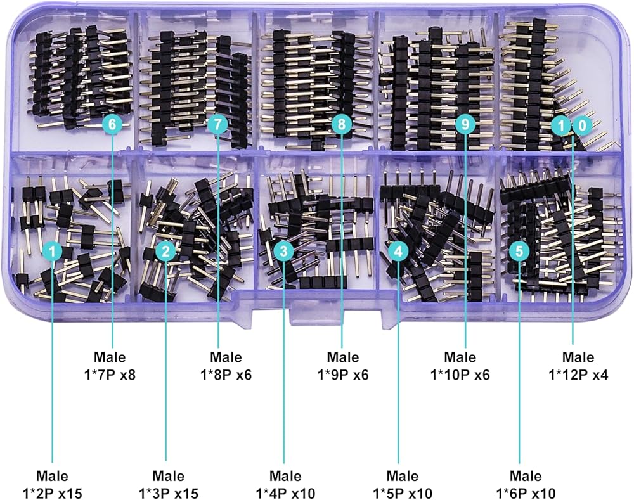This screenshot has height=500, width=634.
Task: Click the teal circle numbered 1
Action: [53, 252]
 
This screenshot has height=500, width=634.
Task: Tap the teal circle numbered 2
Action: [165, 252]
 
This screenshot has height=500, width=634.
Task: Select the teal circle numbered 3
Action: [283, 252]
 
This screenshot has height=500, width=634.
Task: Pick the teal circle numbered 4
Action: [398, 252]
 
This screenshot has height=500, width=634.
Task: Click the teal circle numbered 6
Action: [112, 124]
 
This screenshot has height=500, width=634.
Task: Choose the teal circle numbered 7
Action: [217, 124]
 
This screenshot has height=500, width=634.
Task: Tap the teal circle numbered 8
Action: [342, 124]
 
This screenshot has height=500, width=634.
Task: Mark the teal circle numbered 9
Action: [465, 124]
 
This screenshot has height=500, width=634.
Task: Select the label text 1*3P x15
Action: [168, 492]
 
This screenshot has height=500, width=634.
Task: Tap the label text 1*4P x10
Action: [285, 492]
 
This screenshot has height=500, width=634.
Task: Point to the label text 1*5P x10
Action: [402, 492]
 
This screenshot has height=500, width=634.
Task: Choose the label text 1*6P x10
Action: [526, 492]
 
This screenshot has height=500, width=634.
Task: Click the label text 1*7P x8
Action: [110, 374]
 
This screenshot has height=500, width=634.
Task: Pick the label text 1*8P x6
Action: [226, 374]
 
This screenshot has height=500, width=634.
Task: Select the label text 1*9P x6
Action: [342, 374]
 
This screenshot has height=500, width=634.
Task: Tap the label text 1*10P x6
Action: [460, 374]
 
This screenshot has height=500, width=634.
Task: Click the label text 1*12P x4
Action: [578, 374]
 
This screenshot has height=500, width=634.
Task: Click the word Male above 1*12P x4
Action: [578, 357]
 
